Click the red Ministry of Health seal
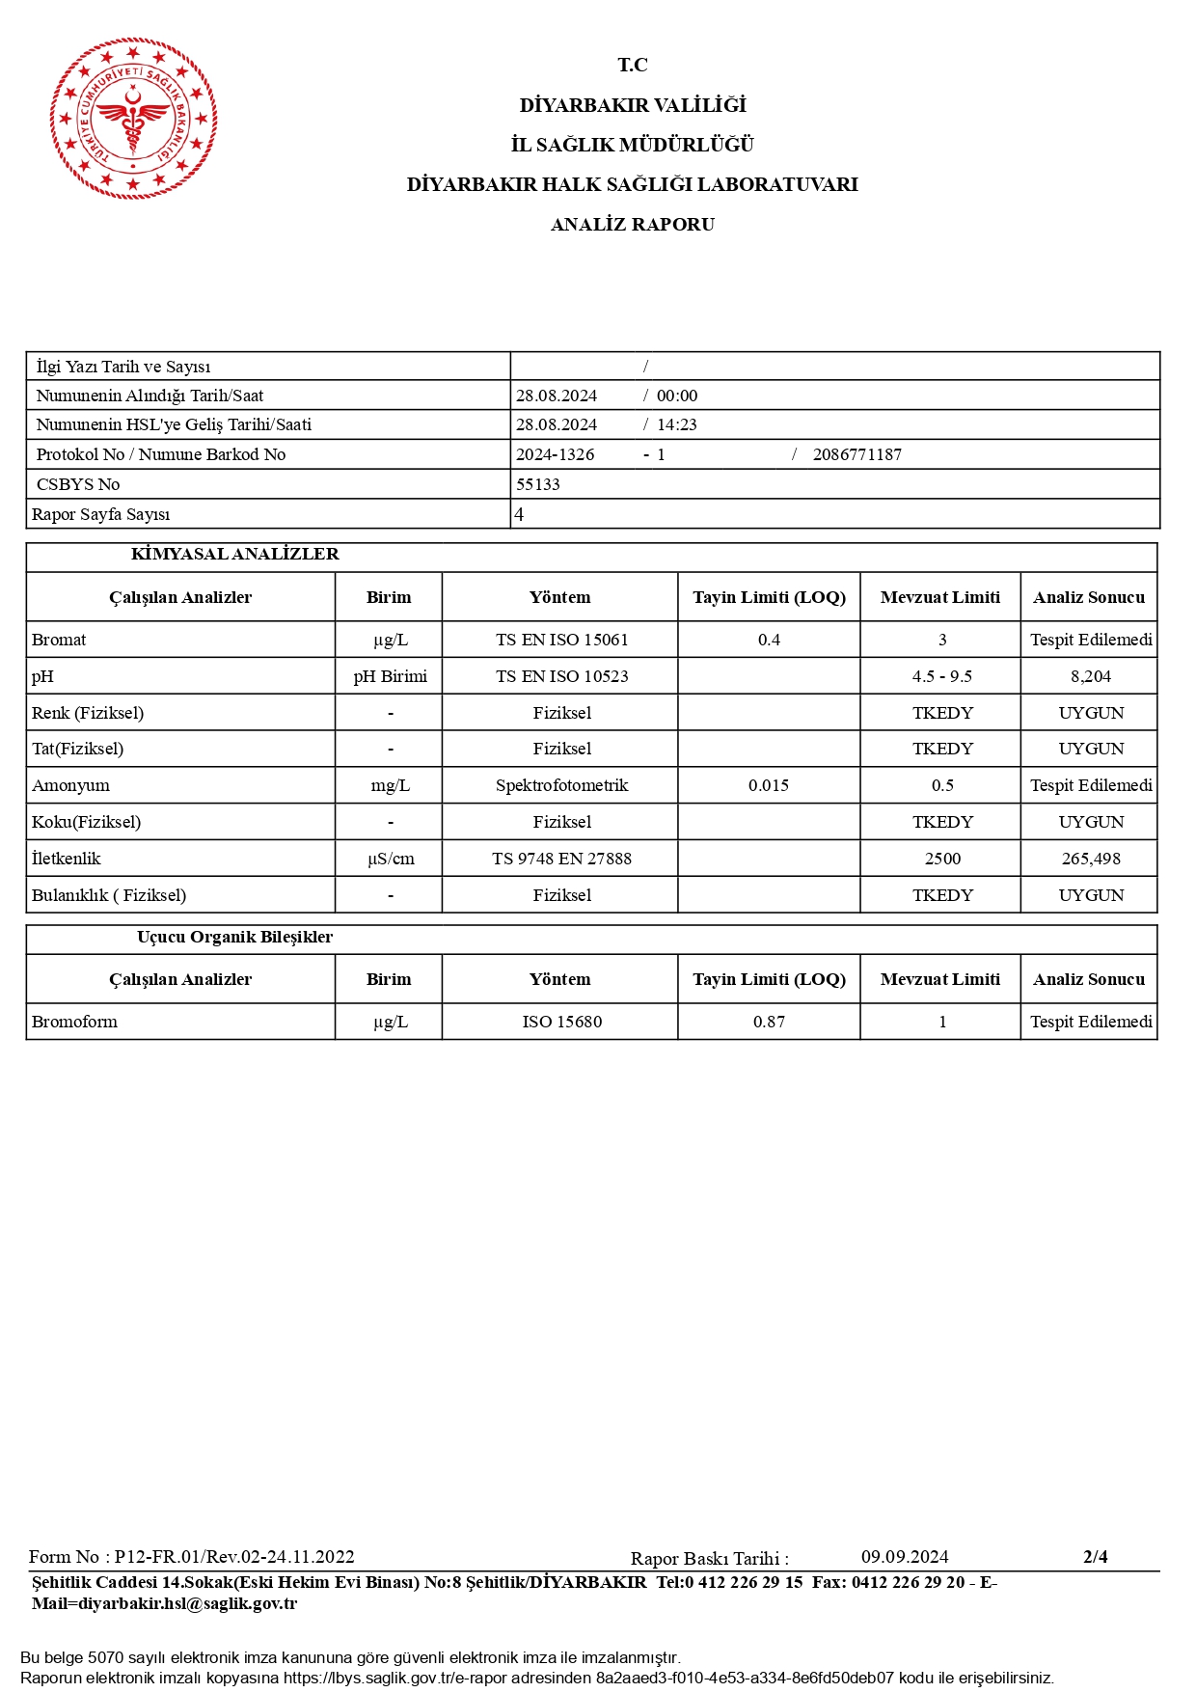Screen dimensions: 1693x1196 pyautogui.click(x=133, y=119)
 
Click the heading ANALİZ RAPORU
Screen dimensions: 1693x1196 pyautogui.click(x=632, y=225)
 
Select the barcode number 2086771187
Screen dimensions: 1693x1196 pyautogui.click(x=856, y=454)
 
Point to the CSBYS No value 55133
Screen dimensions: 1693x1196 pyautogui.click(x=537, y=484)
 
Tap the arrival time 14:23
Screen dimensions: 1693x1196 pyautogui.click(x=676, y=424)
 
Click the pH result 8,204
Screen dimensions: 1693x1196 pyautogui.click(x=1090, y=676)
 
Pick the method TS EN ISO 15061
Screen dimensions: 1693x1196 pyautogui.click(x=561, y=640)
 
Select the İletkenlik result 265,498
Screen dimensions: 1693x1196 pyautogui.click(x=1090, y=859)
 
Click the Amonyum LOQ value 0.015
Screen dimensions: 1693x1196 pyautogui.click(x=768, y=785)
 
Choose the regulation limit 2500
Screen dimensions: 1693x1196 pyautogui.click(x=941, y=859)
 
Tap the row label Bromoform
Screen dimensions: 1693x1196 pyautogui.click(x=74, y=1022)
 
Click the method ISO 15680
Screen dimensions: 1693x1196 pyautogui.click(x=561, y=1022)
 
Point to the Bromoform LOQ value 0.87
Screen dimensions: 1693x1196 pyautogui.click(x=768, y=1022)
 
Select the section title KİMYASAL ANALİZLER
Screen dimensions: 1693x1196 pyautogui.click(x=234, y=555)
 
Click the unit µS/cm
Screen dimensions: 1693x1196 pyautogui.click(x=390, y=859)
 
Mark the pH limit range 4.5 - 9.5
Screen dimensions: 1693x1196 pyautogui.click(x=941, y=676)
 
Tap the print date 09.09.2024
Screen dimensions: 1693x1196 pyautogui.click(x=904, y=1557)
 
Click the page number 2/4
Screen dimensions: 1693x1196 pyautogui.click(x=1095, y=1556)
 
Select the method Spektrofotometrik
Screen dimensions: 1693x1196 pyautogui.click(x=561, y=785)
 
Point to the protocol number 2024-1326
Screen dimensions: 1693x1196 pyautogui.click(x=555, y=454)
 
